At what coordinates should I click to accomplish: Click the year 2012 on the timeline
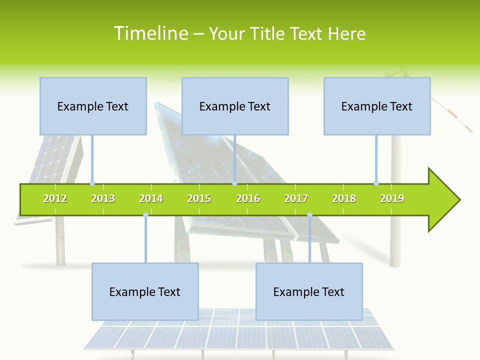click(55, 198)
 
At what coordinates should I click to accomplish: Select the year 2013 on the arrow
click(103, 198)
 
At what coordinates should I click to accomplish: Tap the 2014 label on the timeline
click(151, 198)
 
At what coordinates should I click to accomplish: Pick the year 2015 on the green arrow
click(199, 198)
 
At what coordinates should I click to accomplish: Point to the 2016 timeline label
click(248, 198)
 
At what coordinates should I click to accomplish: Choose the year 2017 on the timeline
click(296, 198)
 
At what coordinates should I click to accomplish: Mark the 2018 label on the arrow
click(344, 198)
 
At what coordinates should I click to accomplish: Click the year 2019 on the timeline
click(392, 198)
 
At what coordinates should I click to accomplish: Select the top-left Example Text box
click(93, 106)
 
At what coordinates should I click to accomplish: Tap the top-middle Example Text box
click(235, 106)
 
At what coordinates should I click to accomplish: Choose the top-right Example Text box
click(377, 106)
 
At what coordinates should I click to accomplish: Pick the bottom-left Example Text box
click(145, 291)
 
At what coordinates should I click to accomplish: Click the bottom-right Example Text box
click(309, 291)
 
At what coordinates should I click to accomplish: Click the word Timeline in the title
click(150, 33)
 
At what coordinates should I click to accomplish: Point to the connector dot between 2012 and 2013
click(92, 183)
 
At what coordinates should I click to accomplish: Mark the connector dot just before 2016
click(234, 183)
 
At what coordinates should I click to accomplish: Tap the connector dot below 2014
click(145, 215)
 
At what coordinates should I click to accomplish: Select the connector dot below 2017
click(309, 215)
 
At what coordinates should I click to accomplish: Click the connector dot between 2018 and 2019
click(376, 183)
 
